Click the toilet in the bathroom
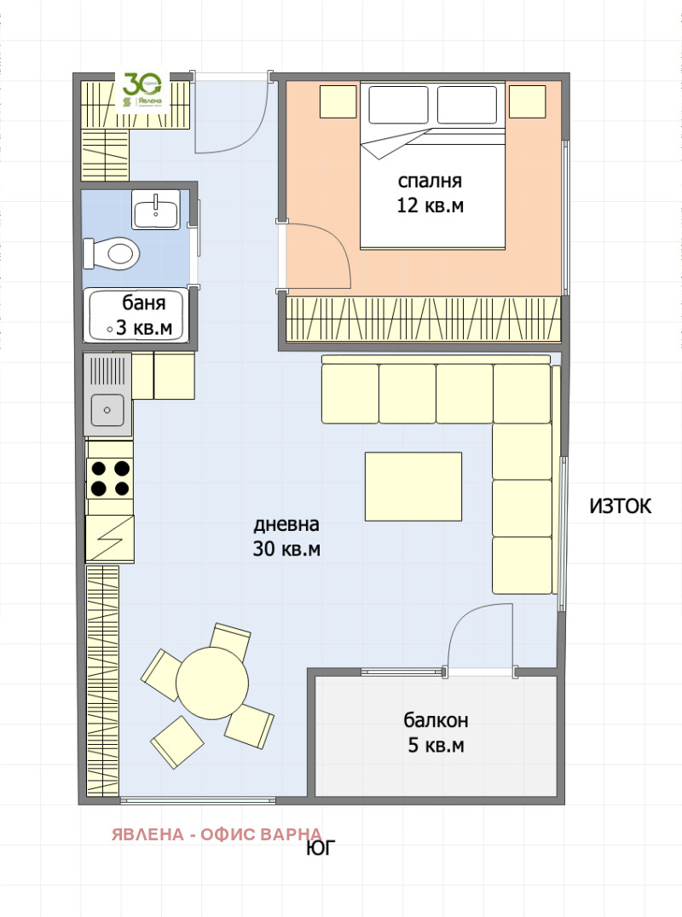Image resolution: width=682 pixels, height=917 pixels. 112,254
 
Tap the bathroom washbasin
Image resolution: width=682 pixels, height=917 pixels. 156,210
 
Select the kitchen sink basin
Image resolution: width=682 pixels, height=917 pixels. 107,409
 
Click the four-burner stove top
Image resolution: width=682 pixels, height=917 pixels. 110,478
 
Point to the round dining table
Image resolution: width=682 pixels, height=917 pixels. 212,683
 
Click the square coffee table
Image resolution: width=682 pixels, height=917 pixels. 413,486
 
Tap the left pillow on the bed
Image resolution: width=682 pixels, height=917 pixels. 398,105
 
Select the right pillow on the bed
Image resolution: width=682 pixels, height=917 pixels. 467,105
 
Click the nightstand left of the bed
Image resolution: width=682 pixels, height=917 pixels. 338,101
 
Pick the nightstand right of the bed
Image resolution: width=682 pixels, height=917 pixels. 527,101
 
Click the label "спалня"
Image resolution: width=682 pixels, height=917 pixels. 430,182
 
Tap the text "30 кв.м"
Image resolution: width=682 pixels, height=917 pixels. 286,549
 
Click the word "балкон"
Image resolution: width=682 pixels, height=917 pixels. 436,720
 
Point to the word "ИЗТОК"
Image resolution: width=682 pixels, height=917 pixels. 620,506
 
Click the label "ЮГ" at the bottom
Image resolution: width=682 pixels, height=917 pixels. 321,848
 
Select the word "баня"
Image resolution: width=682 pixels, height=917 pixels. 144,303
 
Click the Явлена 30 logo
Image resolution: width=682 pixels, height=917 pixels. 142,92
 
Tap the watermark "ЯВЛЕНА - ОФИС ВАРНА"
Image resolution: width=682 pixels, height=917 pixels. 217,834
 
